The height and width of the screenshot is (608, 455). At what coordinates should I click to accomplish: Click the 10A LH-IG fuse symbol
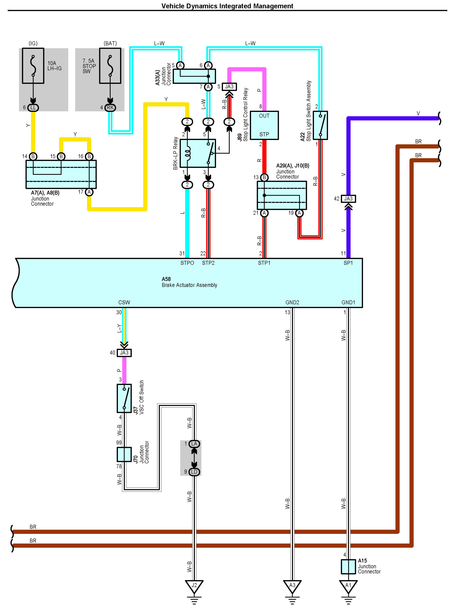(33, 66)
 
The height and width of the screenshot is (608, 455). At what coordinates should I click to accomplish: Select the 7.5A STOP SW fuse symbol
(110, 66)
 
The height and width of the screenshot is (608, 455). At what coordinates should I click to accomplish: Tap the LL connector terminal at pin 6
(33, 107)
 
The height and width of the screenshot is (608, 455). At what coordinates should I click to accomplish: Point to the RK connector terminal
(110, 107)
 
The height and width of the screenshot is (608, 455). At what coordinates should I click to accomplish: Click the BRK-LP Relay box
(197, 153)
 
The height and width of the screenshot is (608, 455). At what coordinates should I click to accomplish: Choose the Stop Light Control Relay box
(264, 125)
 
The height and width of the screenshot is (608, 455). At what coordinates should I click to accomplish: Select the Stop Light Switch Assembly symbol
(320, 125)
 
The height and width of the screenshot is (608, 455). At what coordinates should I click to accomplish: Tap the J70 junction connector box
(124, 454)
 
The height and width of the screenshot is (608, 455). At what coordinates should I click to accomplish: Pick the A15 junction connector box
(348, 566)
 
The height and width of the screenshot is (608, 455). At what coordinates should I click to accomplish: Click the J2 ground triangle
(194, 585)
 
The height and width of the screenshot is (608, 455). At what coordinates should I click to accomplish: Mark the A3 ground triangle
(292, 585)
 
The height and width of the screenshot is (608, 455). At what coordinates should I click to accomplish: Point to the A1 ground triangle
(348, 585)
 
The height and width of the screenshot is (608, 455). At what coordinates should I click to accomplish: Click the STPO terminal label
(187, 263)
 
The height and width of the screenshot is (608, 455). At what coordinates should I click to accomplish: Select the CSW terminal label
(124, 302)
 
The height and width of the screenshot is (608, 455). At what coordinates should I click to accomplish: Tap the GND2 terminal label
(292, 302)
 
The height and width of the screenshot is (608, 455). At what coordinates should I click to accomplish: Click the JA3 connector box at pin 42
(348, 198)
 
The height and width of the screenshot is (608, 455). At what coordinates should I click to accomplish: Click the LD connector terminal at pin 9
(194, 472)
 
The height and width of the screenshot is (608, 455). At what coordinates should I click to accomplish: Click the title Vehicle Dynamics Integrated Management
(227, 6)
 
